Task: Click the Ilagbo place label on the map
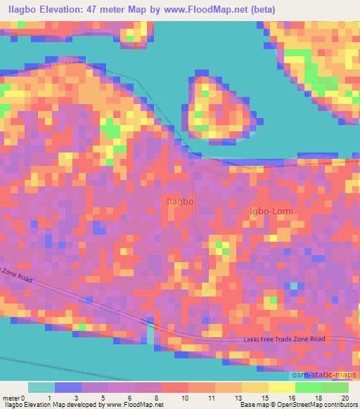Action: click(x=179, y=202)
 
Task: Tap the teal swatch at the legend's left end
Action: click(x=41, y=387)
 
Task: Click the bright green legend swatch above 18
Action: click(x=309, y=387)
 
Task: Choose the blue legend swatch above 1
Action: click(x=69, y=387)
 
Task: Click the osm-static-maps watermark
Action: click(x=329, y=374)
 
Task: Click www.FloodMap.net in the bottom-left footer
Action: click(x=134, y=405)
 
